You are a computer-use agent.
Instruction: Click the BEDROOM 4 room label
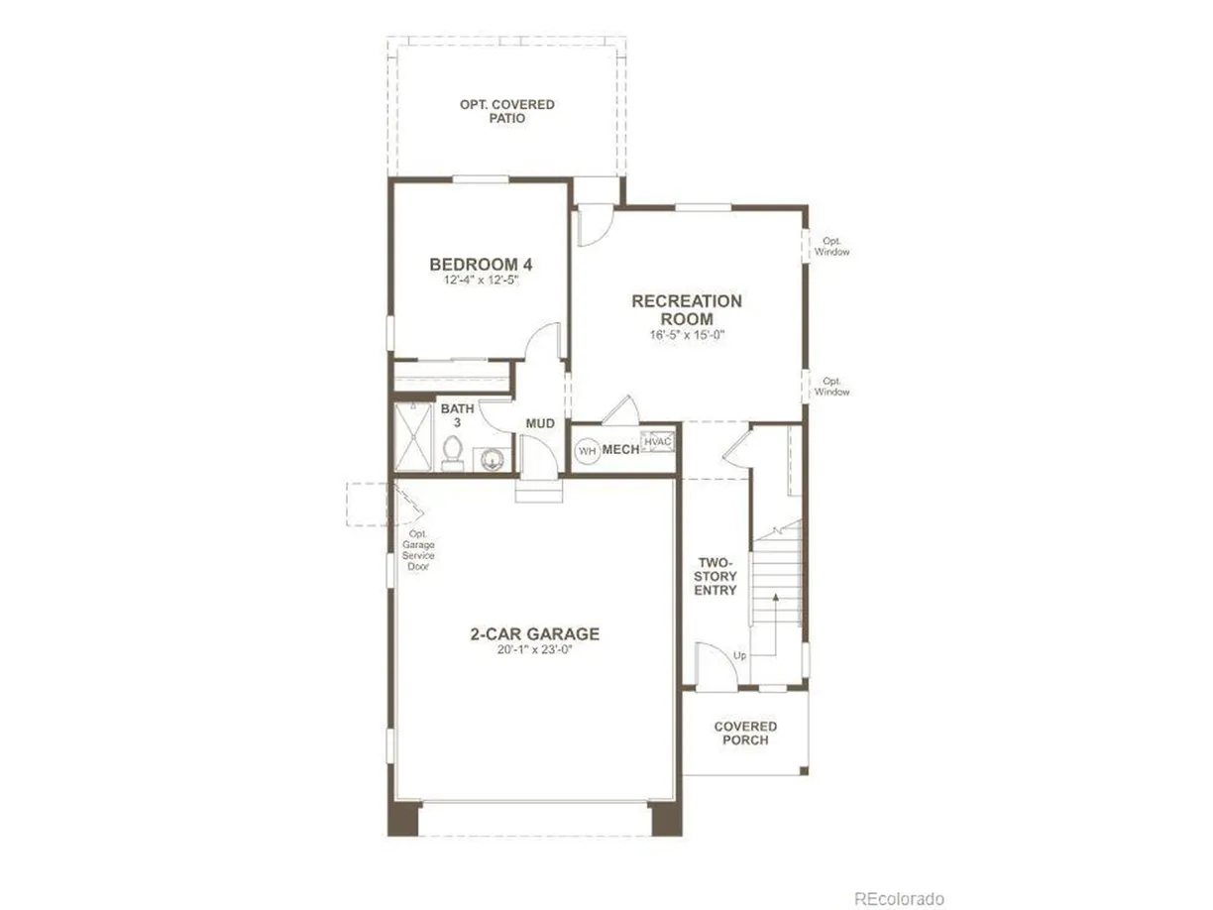coord(481,265)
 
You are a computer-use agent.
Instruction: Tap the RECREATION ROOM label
coord(687,310)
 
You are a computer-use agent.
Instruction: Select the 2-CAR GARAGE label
coord(534,633)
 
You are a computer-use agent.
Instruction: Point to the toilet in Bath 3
coord(452,454)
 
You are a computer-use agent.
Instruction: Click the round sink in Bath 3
coord(491,459)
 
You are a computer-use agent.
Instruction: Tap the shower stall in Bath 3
coord(413,436)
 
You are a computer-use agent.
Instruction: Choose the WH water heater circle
coord(587,451)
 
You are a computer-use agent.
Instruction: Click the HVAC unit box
coord(657,441)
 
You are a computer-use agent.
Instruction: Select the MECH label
coord(620,450)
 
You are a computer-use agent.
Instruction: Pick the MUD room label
coord(540,424)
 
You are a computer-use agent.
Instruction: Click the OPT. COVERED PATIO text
coord(506,111)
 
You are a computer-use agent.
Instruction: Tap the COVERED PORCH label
coord(745,734)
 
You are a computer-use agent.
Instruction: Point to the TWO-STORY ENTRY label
coord(716,576)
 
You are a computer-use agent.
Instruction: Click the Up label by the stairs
coord(739,655)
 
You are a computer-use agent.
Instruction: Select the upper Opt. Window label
coord(831,247)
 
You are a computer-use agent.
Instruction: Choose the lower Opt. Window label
coord(831,387)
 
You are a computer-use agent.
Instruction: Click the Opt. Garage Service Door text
coord(418,550)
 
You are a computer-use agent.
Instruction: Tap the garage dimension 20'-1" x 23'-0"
coord(534,649)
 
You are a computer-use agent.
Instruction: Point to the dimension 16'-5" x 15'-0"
coord(687,335)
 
